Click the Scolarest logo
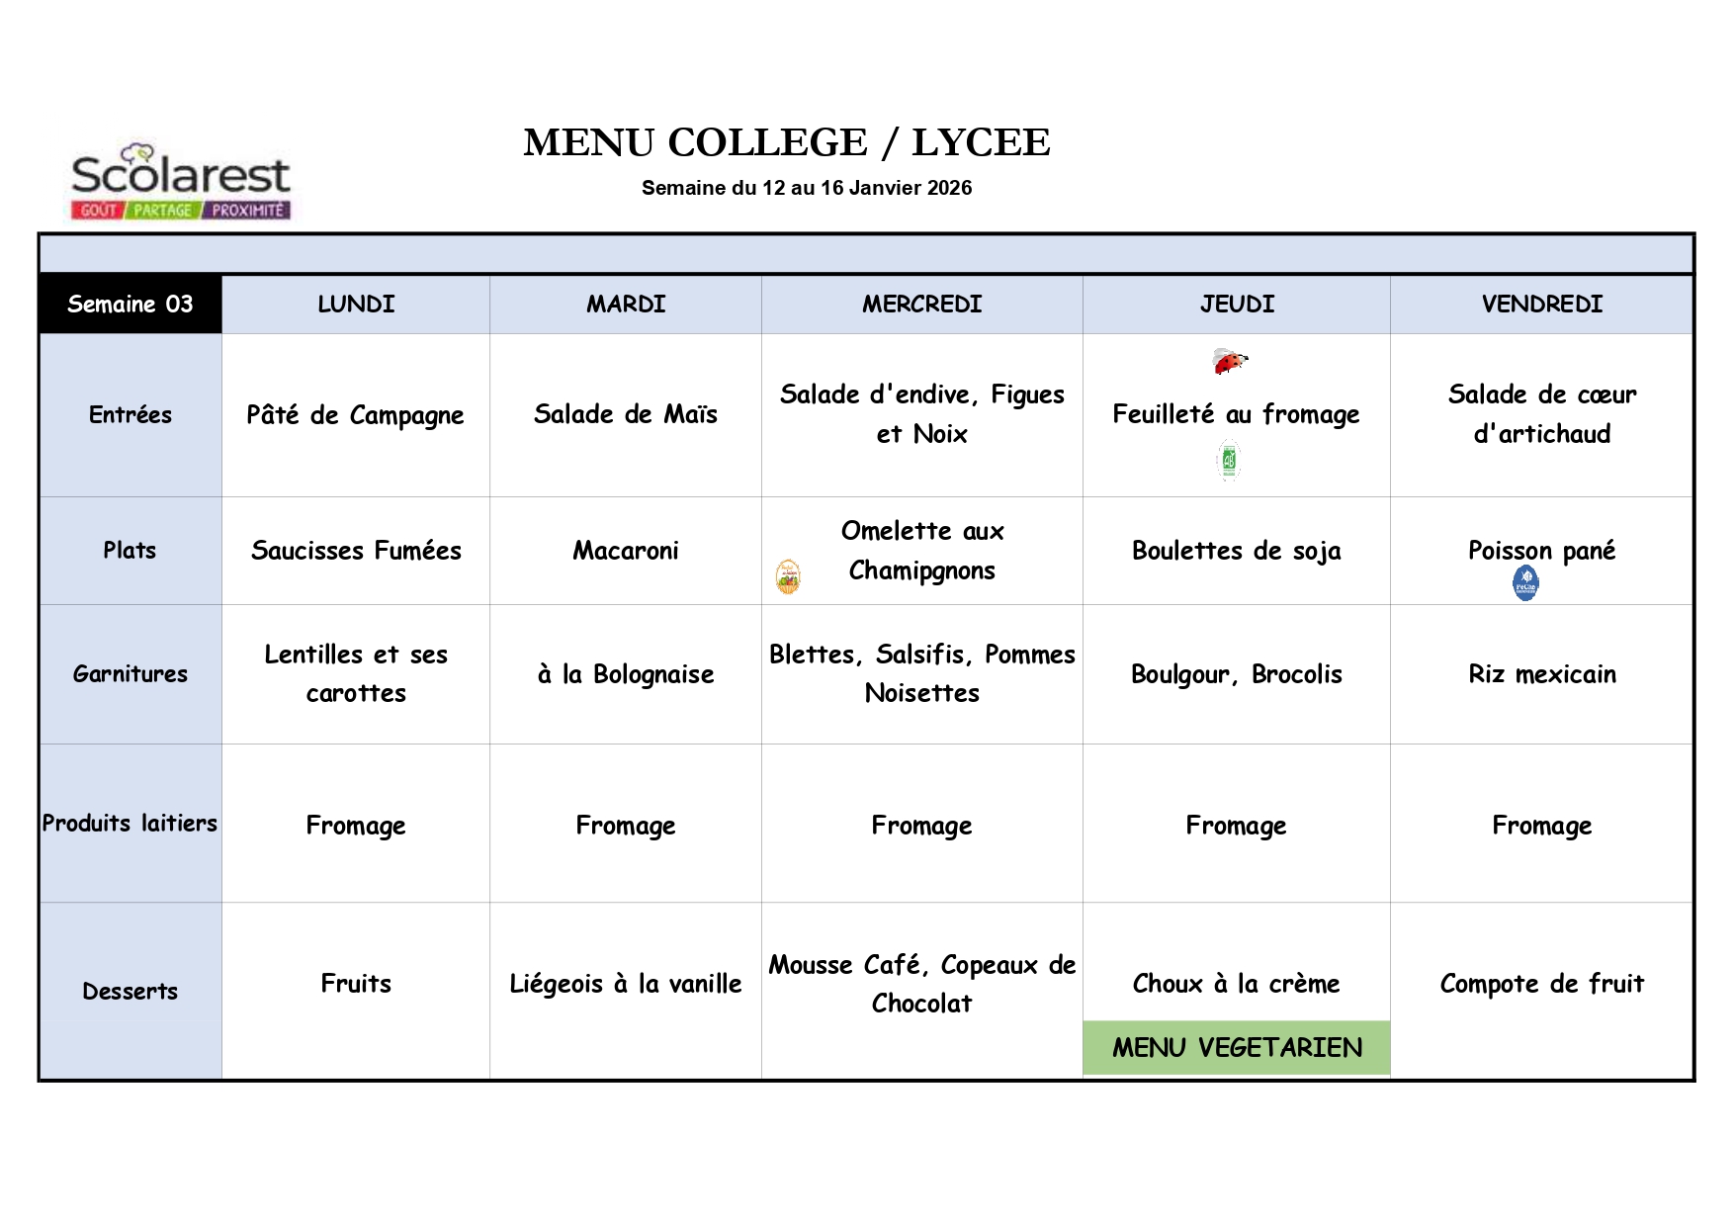pos(180,181)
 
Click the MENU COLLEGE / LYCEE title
pos(786,142)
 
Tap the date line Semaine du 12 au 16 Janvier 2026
pos(806,188)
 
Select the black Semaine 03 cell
pos(130,304)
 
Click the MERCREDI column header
pos(921,304)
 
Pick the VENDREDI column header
pos(1541,304)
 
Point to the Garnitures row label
pos(130,673)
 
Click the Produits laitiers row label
pos(130,823)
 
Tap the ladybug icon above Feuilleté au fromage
pos(1229,362)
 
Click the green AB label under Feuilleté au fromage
pos(1229,461)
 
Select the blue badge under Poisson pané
pos(1525,583)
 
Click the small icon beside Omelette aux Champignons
pos(788,576)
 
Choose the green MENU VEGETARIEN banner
pos(1237,1047)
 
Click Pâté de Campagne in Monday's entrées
pos(355,414)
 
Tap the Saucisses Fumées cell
pos(356,550)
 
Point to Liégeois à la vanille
pos(625,983)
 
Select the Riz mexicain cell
pos(1541,673)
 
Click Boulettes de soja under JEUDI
pos(1236,550)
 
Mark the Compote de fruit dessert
pos(1541,983)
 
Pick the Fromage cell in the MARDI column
pos(625,825)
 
